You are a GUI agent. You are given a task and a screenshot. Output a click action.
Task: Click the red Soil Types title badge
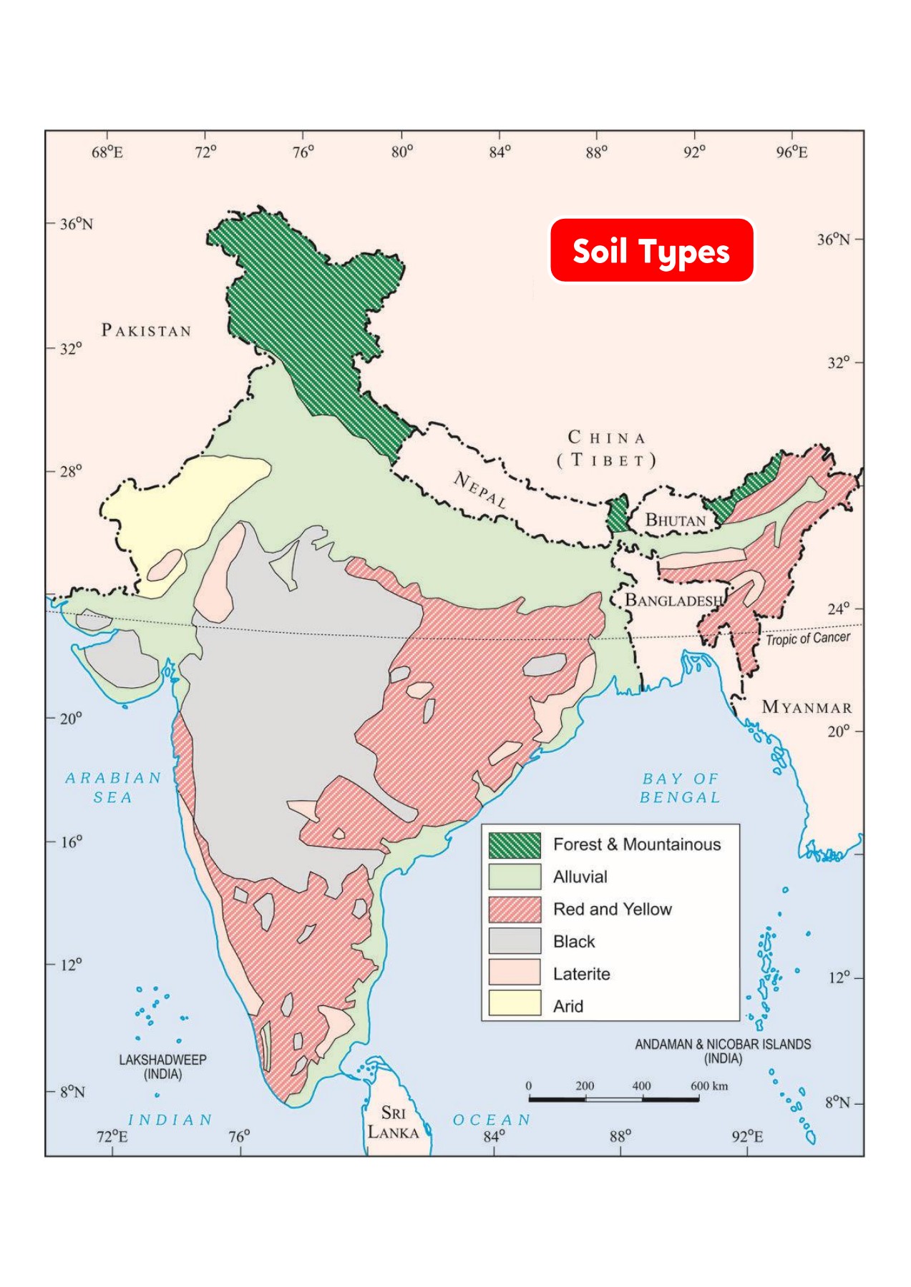click(651, 251)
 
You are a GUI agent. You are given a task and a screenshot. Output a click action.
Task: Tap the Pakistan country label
click(147, 330)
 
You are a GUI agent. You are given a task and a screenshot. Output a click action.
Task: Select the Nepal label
click(480, 490)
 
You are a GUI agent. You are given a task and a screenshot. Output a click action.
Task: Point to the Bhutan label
click(675, 520)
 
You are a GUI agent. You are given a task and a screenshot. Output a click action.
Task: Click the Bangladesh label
click(673, 600)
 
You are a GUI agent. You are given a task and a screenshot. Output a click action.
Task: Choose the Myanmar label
click(807, 707)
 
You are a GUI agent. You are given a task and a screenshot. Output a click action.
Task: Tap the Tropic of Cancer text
click(808, 638)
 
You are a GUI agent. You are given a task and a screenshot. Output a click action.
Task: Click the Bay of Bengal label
click(680, 787)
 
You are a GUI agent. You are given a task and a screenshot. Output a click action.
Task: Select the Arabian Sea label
click(113, 787)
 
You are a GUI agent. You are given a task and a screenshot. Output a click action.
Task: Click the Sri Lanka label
click(393, 1123)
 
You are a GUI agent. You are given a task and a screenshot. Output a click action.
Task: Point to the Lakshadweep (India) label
click(162, 1066)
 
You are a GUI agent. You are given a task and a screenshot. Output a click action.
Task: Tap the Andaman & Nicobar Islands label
click(723, 1050)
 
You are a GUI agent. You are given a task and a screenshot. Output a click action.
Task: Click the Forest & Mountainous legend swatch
click(515, 845)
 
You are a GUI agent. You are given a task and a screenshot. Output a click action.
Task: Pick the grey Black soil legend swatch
click(515, 941)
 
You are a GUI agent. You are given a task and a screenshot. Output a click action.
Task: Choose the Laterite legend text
click(581, 974)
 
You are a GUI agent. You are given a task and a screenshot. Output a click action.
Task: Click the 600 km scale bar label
click(708, 1085)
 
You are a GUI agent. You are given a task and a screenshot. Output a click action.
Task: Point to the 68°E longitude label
click(107, 152)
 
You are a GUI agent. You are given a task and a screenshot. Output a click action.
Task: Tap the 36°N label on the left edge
click(76, 224)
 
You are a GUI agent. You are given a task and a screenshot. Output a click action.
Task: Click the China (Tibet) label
click(607, 448)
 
